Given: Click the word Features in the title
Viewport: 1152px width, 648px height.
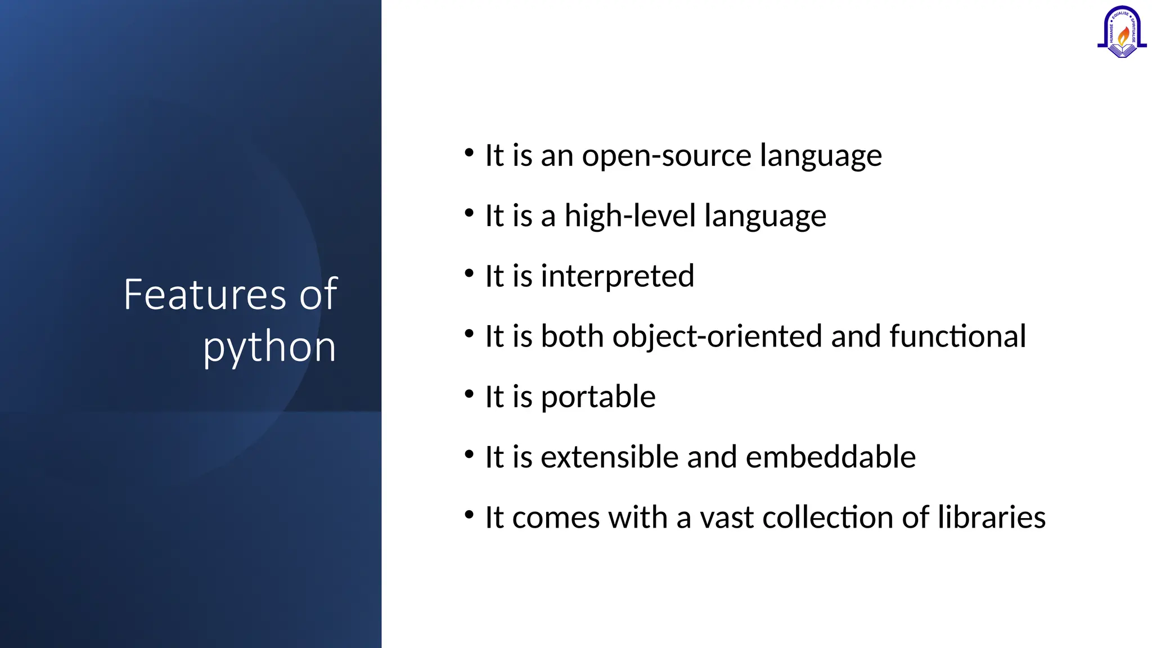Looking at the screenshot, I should [x=205, y=294].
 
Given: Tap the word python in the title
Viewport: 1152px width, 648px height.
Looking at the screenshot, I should [x=269, y=346].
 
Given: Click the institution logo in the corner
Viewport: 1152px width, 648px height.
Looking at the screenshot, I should [x=1122, y=32].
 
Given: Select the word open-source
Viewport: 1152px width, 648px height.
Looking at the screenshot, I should [x=667, y=156].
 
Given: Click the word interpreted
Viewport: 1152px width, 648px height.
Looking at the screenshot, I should [x=617, y=276].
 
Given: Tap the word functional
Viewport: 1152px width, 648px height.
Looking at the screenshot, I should [x=957, y=336].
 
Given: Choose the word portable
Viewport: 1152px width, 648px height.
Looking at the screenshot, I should [x=598, y=397].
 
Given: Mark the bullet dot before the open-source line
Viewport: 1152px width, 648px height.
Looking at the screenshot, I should [x=469, y=152].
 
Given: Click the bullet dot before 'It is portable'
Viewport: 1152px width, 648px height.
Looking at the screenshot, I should [x=469, y=394].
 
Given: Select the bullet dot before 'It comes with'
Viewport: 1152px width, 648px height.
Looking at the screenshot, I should [x=469, y=514].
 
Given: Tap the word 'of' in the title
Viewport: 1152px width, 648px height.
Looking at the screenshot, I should [x=318, y=294].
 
